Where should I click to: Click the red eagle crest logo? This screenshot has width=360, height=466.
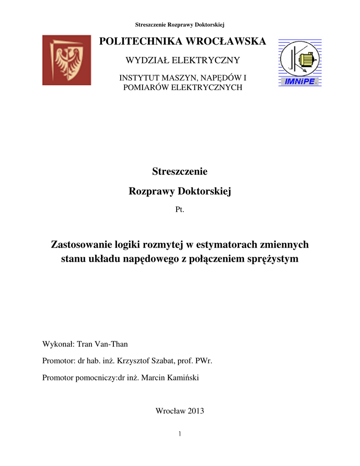point(66,60)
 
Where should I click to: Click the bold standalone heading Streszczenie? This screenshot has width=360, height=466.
point(180,172)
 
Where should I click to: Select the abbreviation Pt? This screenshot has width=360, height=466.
point(180,210)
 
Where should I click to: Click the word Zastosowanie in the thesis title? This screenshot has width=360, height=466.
point(79,245)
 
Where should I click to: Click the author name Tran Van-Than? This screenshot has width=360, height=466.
point(102,344)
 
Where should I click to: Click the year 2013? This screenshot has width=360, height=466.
point(195,411)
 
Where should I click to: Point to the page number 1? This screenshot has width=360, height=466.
point(180,434)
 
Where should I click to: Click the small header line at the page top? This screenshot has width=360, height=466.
point(180,24)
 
